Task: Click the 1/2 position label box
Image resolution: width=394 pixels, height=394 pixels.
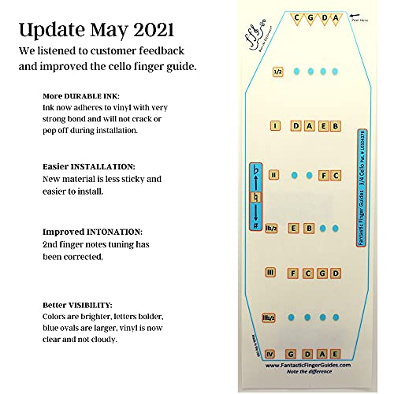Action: (277, 71)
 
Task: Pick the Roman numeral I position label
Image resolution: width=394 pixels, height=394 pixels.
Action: (275, 125)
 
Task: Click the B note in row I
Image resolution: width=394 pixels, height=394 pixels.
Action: (335, 125)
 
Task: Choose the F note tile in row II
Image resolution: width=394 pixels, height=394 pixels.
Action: (322, 175)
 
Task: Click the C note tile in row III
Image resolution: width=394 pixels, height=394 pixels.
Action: (308, 273)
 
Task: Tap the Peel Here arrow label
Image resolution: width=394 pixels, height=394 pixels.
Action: (361, 15)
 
